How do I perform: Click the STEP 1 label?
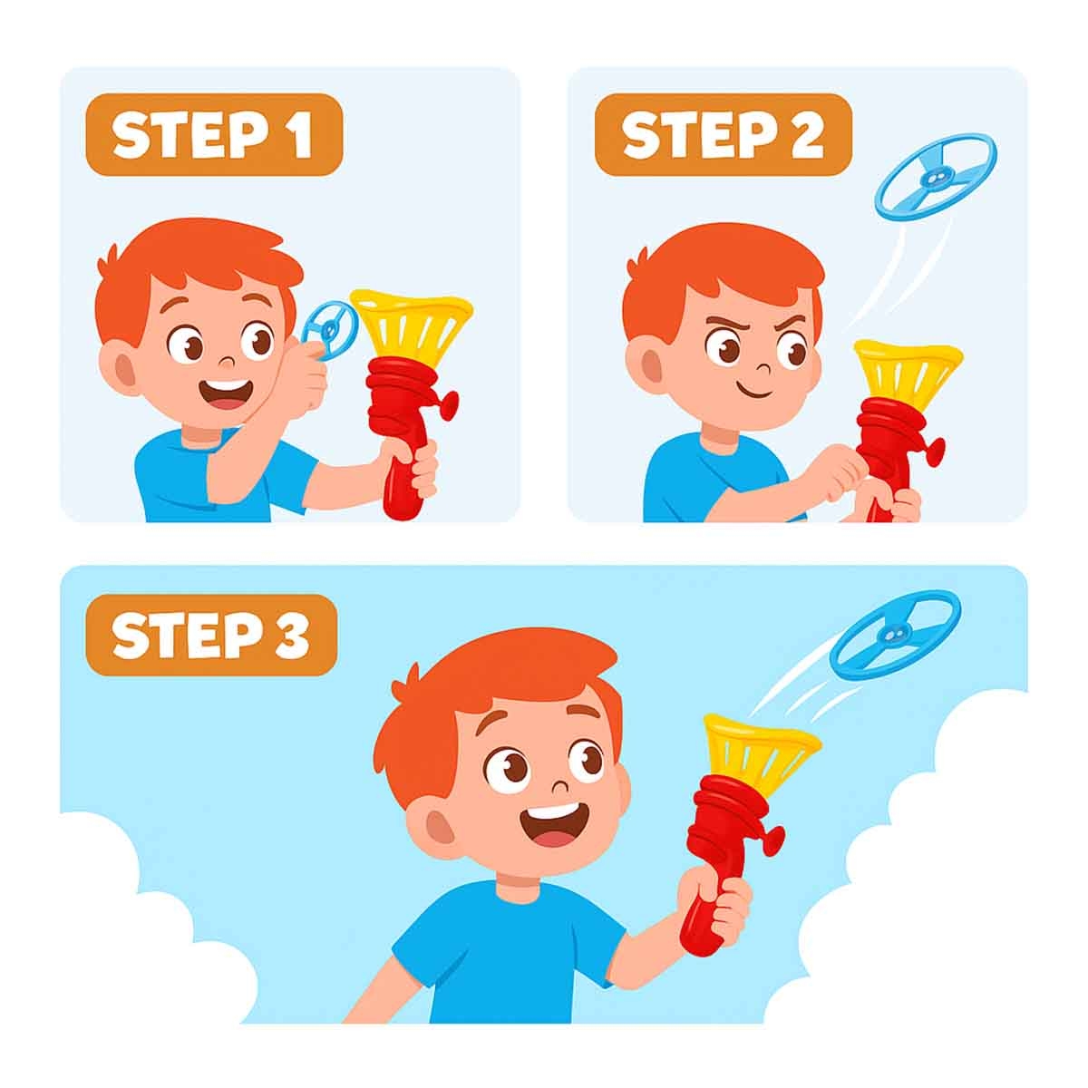click(214, 135)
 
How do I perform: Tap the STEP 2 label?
click(723, 135)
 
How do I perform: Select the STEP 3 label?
click(211, 636)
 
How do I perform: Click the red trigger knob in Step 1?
click(450, 405)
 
